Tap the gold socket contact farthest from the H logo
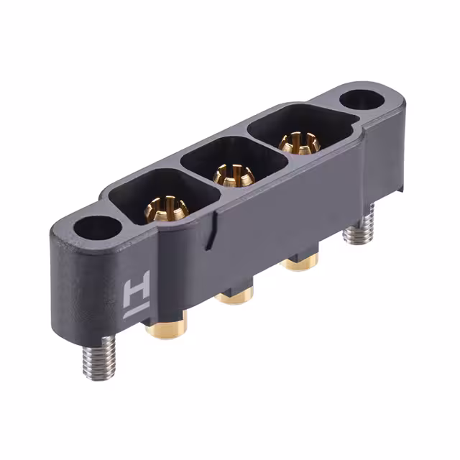tap(295, 142)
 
